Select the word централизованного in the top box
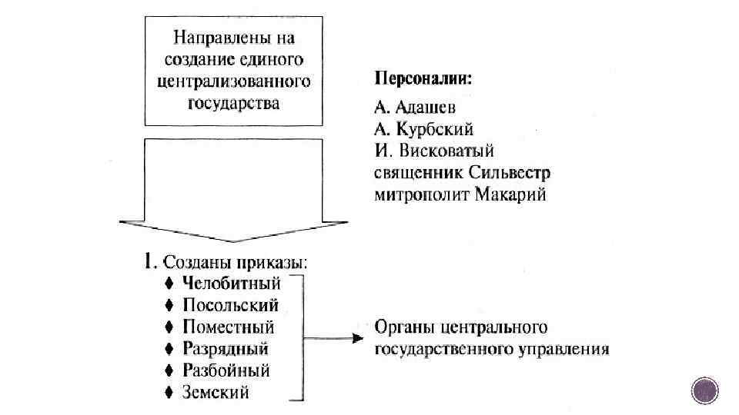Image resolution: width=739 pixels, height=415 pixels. (x=232, y=80)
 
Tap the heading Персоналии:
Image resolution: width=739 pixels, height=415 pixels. (x=423, y=78)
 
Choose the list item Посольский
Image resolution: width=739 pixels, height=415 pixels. (x=231, y=305)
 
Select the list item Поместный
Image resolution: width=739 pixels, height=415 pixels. (x=229, y=327)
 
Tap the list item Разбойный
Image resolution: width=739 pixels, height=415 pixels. (x=226, y=370)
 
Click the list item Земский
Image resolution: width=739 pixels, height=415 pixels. (x=216, y=392)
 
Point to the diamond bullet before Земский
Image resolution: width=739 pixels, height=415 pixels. (x=169, y=392)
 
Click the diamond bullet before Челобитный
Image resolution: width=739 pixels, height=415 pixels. (x=169, y=283)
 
